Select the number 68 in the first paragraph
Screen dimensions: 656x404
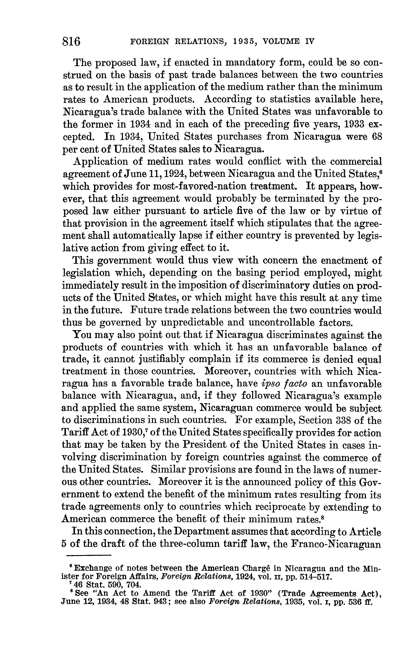(x=376, y=137)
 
